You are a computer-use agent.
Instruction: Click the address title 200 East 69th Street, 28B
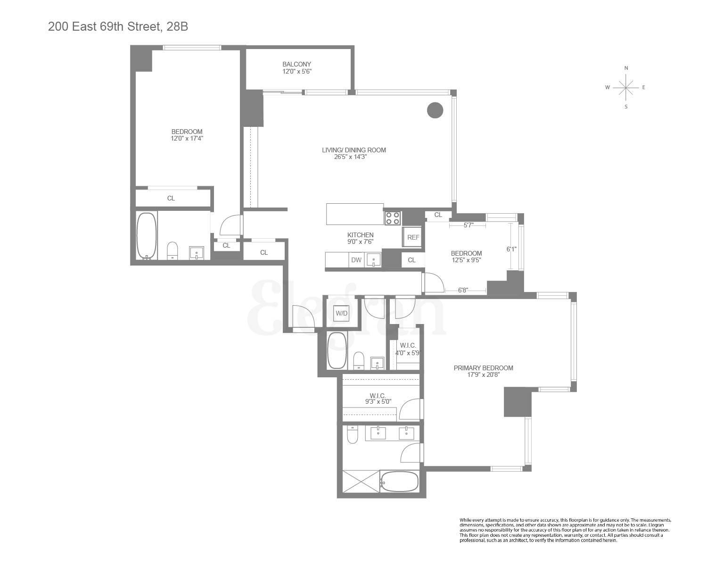(118, 27)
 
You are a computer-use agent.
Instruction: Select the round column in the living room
(435, 110)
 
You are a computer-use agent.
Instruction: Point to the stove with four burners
(393, 218)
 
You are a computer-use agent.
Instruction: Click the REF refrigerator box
(413, 237)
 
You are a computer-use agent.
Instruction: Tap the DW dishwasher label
(356, 260)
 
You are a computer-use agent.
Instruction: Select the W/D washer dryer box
(341, 313)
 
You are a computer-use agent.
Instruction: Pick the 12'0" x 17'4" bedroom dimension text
(187, 139)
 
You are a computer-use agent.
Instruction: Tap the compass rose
(625, 87)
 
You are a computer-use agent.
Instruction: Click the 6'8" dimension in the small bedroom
(463, 290)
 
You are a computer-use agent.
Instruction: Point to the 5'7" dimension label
(468, 225)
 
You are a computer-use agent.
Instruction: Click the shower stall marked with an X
(361, 481)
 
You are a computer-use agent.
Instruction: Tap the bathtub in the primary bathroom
(399, 482)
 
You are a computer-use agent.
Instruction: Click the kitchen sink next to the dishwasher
(373, 260)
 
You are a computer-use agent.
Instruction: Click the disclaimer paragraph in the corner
(565, 530)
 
